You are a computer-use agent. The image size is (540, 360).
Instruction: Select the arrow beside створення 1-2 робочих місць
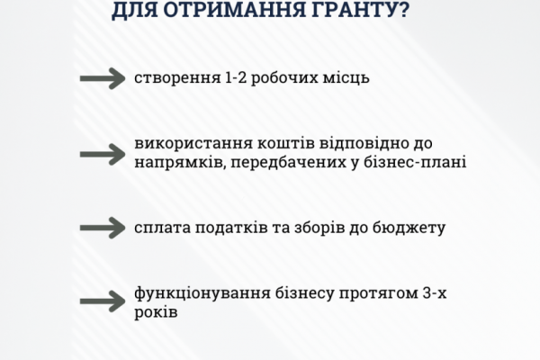tap(103, 78)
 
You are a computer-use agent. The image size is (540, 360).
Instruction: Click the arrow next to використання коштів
tap(103, 154)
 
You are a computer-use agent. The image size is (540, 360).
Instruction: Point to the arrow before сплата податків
tap(103, 228)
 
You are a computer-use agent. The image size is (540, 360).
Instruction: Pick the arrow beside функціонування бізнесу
tap(103, 301)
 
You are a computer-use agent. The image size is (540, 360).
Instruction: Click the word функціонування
tap(202, 294)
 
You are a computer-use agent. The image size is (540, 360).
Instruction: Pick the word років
tap(156, 312)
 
